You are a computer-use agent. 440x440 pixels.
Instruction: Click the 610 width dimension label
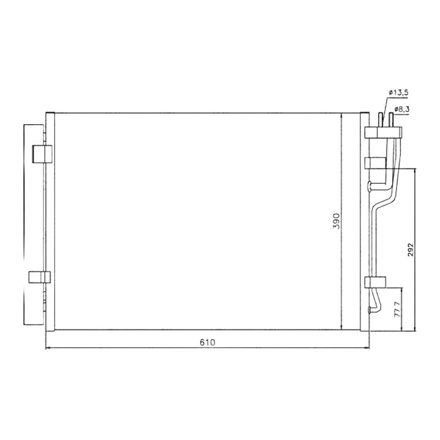click(x=207, y=343)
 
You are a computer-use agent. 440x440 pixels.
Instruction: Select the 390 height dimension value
click(x=336, y=221)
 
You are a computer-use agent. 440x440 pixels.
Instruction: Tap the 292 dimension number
click(x=410, y=250)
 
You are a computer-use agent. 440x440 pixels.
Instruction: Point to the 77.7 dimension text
click(x=397, y=309)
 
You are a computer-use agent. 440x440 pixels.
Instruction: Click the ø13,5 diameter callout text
click(x=398, y=92)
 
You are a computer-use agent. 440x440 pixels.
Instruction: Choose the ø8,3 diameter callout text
click(x=402, y=109)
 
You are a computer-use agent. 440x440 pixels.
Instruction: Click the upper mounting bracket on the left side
click(x=42, y=154)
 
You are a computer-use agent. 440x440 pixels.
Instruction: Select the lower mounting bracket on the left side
click(x=40, y=277)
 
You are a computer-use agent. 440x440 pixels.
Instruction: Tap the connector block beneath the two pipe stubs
click(x=383, y=133)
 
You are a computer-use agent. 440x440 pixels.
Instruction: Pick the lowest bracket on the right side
click(x=375, y=282)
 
